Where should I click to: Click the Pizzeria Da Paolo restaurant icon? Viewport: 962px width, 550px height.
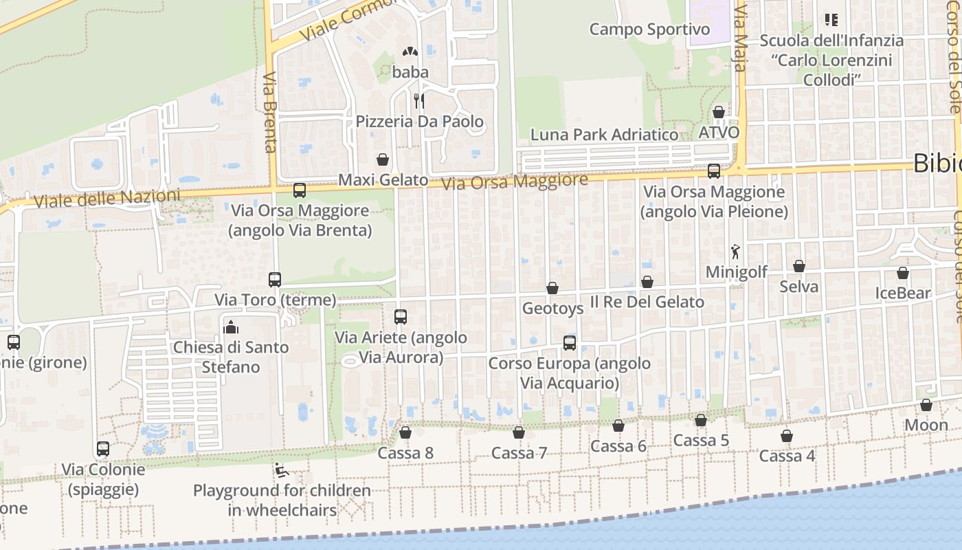pyautogui.click(x=418, y=102)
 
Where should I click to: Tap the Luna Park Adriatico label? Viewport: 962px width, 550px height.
pyautogui.click(x=604, y=135)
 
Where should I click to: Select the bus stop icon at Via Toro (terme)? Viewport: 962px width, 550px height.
pyautogui.click(x=275, y=280)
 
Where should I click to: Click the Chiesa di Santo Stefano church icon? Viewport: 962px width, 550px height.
pyautogui.click(x=231, y=327)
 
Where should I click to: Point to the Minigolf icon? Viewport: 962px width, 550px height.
pyautogui.click(x=736, y=252)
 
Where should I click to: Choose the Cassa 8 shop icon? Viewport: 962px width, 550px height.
pyautogui.click(x=405, y=432)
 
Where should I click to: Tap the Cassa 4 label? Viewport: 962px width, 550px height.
pyautogui.click(x=787, y=456)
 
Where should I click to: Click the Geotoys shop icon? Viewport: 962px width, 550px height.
pyautogui.click(x=552, y=288)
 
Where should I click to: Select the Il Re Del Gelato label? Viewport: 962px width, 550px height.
pyautogui.click(x=647, y=302)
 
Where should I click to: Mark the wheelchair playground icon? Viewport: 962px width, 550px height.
pyautogui.click(x=281, y=470)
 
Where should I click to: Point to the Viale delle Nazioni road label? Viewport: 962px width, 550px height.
pyautogui.click(x=107, y=199)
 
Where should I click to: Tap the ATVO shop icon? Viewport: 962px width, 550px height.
pyautogui.click(x=719, y=112)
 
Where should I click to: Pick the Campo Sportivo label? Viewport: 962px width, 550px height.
pyautogui.click(x=649, y=30)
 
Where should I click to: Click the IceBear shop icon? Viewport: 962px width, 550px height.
pyautogui.click(x=903, y=273)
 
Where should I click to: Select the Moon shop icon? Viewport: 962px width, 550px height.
pyautogui.click(x=926, y=405)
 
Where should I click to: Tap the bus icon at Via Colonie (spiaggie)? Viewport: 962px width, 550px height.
pyautogui.click(x=103, y=449)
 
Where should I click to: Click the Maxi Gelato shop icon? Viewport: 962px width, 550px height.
pyautogui.click(x=383, y=159)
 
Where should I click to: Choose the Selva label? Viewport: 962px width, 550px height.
pyautogui.click(x=798, y=286)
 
